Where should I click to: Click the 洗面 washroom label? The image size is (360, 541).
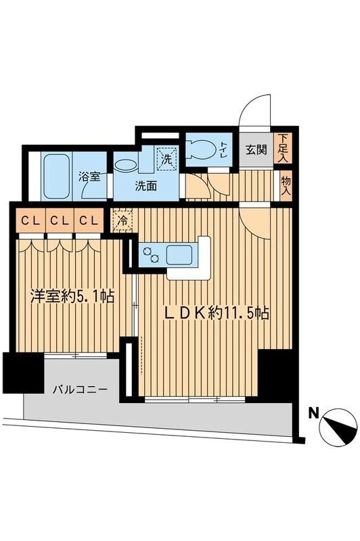[146, 186]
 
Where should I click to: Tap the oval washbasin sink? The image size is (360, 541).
[125, 164]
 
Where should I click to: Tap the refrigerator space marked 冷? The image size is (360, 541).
[122, 220]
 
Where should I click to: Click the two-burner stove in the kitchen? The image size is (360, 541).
[150, 256]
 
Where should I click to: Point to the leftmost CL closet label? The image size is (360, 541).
[28, 220]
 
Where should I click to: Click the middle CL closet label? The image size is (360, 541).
[58, 220]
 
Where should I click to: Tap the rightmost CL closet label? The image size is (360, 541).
[87, 220]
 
